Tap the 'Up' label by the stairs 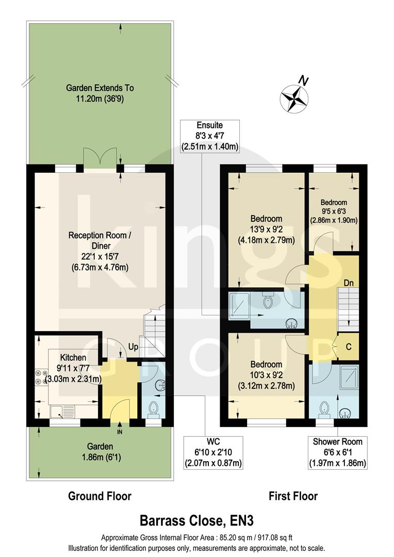[x=133, y=347]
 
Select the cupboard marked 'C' [x=349, y=347]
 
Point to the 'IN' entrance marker [x=120, y=431]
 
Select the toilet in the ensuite [x=268, y=301]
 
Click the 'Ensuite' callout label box [x=209, y=136]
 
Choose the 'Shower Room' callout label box [x=337, y=452]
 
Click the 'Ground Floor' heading [x=100, y=496]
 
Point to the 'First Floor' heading [x=293, y=496]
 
